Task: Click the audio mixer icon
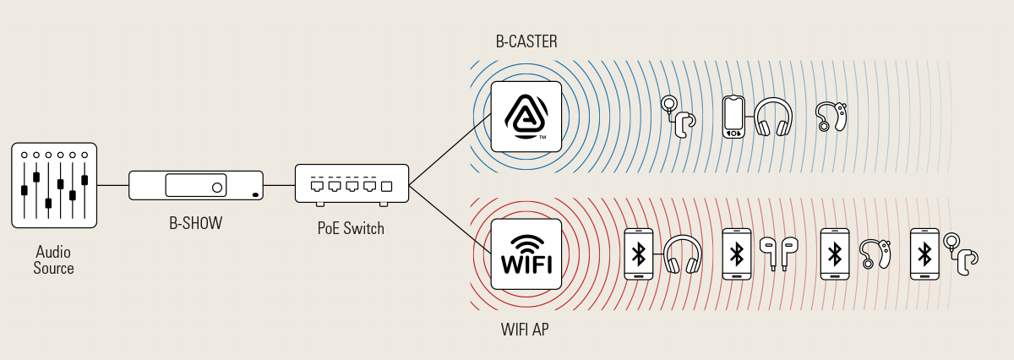click(54, 185)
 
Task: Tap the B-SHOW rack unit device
click(196, 185)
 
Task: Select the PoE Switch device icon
click(352, 183)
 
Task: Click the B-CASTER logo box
click(526, 117)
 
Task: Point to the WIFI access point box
click(526, 254)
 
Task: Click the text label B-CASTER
click(526, 41)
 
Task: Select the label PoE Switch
click(351, 228)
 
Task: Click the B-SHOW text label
click(196, 224)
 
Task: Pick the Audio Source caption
click(54, 260)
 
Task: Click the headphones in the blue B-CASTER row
click(772, 117)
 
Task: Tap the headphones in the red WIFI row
click(683, 254)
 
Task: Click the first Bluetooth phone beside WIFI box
click(639, 254)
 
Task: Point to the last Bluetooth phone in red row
click(924, 254)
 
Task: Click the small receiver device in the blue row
click(733, 117)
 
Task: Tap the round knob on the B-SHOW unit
click(218, 187)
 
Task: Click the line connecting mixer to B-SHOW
click(112, 185)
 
